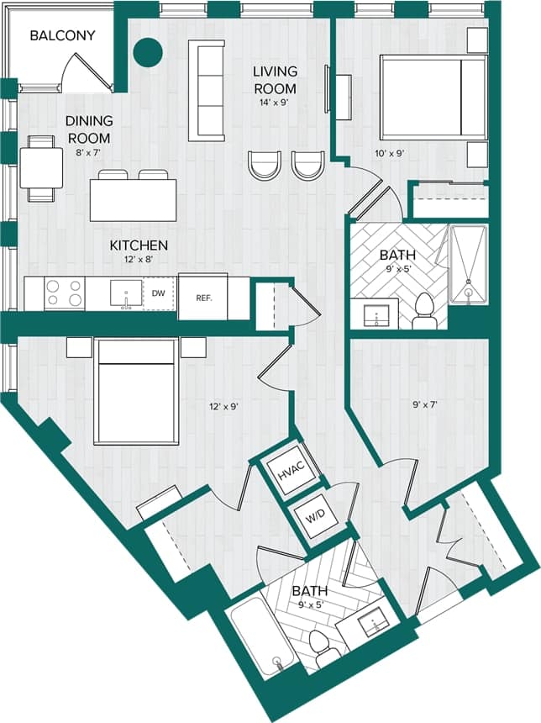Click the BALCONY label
point(62,36)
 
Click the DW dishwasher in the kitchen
point(158,293)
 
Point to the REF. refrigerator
point(202,297)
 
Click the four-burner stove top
point(65,293)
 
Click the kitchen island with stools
point(134,200)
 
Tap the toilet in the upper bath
point(423,311)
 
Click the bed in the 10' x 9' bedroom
point(433,98)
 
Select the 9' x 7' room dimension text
point(424,404)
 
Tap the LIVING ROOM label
point(275,81)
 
